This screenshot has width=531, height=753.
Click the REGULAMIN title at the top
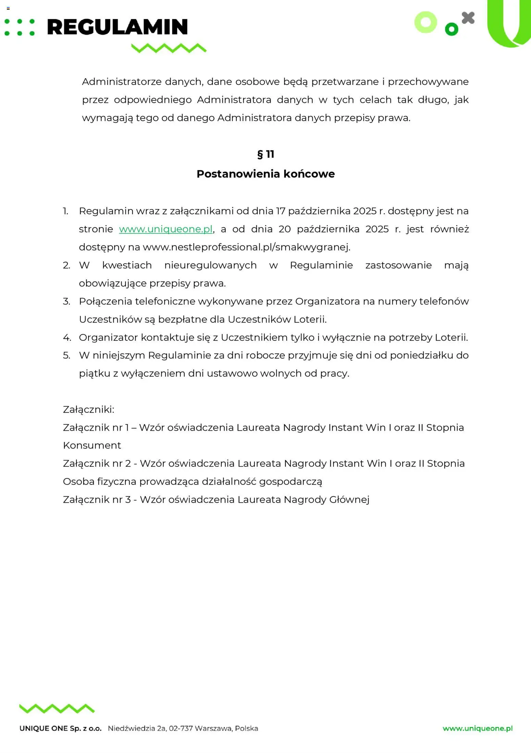point(117,27)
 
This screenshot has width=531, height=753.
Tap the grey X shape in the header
point(468,18)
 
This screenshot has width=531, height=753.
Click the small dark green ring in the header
point(451,29)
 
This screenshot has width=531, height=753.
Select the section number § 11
point(265,154)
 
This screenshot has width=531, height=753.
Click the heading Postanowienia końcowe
point(265,174)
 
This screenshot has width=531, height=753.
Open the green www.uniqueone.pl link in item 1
point(166,229)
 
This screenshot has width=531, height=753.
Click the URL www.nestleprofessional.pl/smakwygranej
point(246,247)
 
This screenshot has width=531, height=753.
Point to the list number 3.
point(66,301)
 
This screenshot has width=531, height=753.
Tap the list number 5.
point(66,355)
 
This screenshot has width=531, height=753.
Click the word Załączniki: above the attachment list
point(88,409)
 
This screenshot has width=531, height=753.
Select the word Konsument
point(92,445)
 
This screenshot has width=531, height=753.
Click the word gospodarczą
point(291,482)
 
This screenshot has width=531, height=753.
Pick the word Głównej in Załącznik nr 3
point(349,500)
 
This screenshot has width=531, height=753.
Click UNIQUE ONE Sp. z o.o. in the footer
point(61,728)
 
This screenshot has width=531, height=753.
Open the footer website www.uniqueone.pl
point(478,728)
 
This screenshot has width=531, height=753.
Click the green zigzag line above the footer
point(57,708)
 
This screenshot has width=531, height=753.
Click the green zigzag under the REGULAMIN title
point(169,48)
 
